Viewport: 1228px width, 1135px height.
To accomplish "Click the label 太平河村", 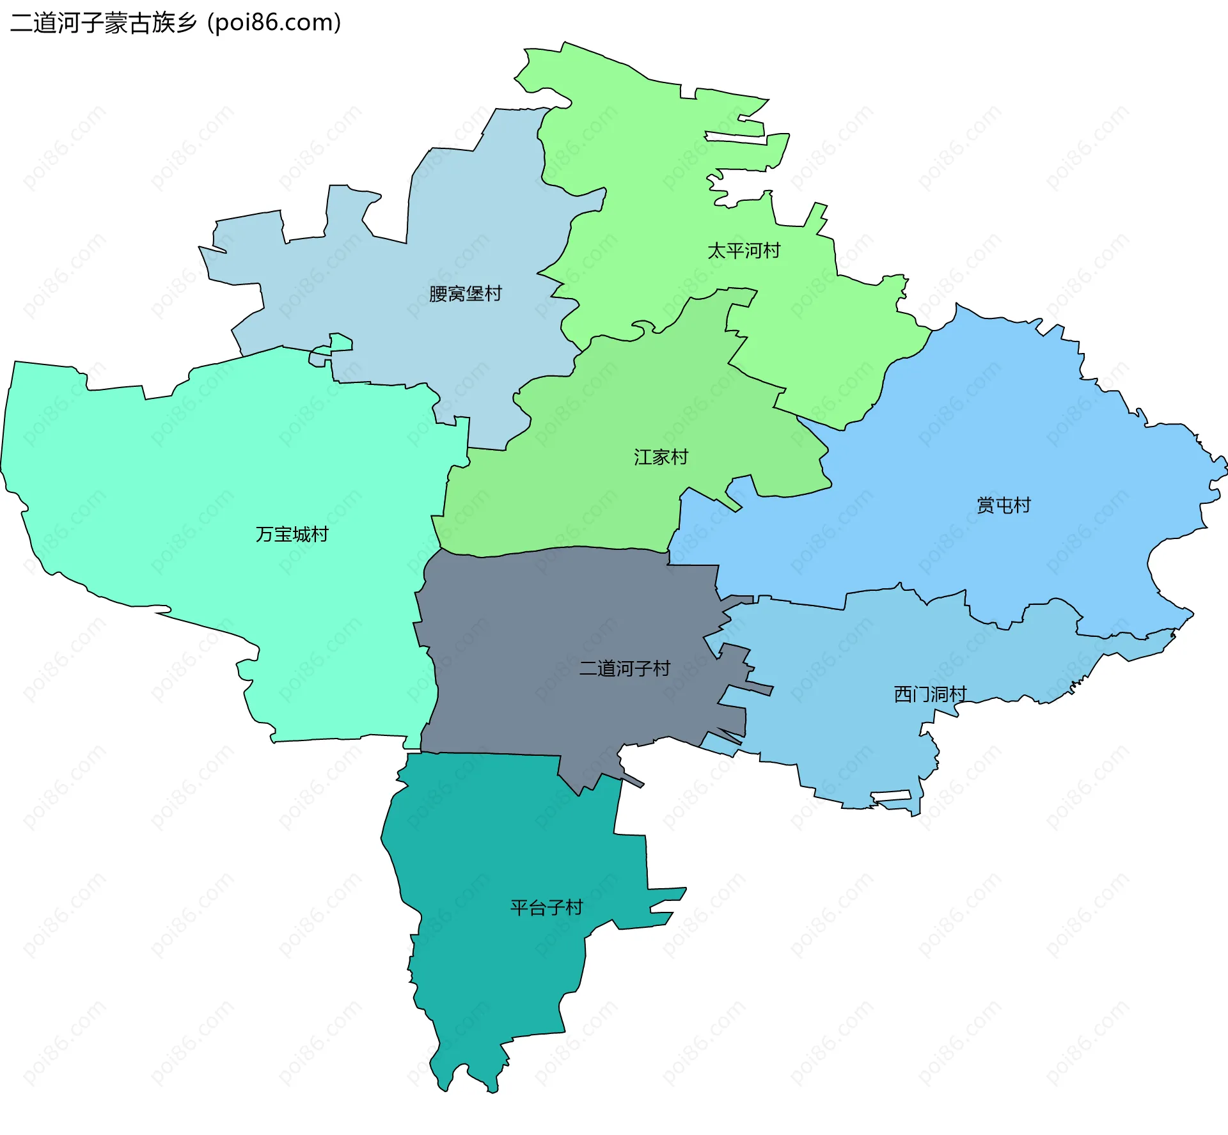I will coord(744,251).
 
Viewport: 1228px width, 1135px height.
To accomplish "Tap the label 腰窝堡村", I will coord(465,294).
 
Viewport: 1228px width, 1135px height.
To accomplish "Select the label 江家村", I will coord(661,457).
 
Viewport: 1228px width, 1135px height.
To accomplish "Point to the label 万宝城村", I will coord(292,534).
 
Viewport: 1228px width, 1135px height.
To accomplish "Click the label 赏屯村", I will coord(1004,505).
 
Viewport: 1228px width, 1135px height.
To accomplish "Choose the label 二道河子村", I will coord(624,668).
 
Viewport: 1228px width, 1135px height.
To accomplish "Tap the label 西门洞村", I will coord(930,694).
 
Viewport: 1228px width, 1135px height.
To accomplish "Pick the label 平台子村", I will coord(546,907).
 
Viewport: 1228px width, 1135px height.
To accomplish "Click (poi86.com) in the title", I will coord(274,23).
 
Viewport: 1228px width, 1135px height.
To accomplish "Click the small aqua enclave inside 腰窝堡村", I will coord(340,343).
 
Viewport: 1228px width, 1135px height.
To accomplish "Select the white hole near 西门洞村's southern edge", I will coord(891,795).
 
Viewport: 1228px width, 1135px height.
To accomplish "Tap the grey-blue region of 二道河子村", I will coord(544,614).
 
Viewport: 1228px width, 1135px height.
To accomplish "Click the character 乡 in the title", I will coord(186,23).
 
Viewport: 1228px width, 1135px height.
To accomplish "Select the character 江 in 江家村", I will coord(642,457).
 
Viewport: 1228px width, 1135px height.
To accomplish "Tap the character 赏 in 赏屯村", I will coord(985,505).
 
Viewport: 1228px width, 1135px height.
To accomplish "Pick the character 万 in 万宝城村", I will coord(264,534).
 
